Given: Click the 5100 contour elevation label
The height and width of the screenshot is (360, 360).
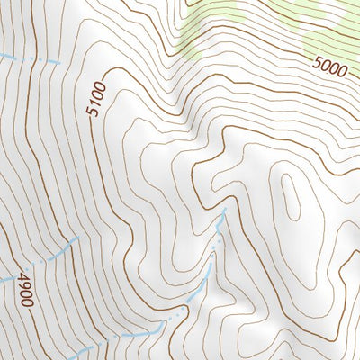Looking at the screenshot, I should click(97, 100).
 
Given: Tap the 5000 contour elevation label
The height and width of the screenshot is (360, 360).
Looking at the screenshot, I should click(330, 65).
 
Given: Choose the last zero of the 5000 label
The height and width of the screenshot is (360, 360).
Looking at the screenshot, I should click(342, 67).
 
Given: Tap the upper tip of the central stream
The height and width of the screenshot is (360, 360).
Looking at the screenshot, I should click(224, 210).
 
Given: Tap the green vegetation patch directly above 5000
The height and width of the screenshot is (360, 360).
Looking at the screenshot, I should click(324, 31).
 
